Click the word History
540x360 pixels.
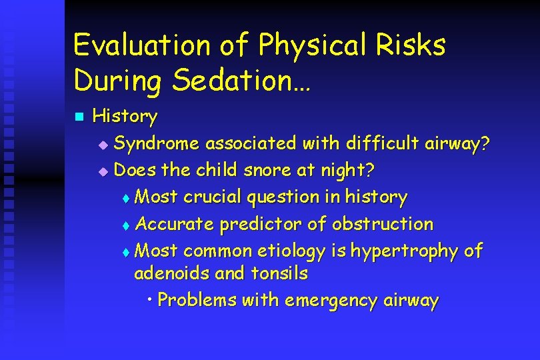pyautogui.click(x=125, y=117)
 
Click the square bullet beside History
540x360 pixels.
pyautogui.click(x=77, y=117)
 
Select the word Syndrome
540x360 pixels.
pyautogui.click(x=156, y=143)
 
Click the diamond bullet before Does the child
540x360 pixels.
pyautogui.click(x=102, y=171)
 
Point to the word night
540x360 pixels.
pyautogui.click(x=347, y=170)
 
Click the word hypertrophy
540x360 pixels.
pyautogui.click(x=405, y=251)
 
